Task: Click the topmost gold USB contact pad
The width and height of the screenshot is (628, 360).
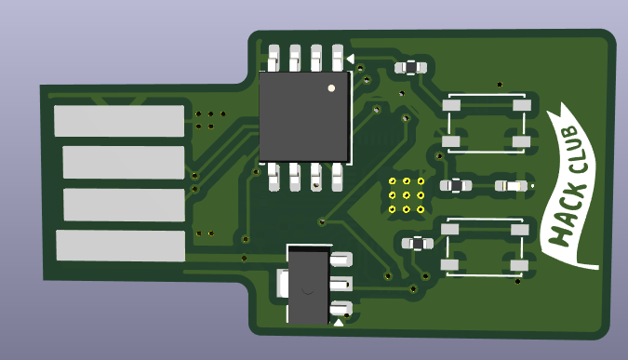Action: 119,121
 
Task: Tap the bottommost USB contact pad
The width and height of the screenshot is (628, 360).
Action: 121,246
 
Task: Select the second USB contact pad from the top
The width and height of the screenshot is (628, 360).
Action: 124,162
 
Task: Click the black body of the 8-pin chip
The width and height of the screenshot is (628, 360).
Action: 304,117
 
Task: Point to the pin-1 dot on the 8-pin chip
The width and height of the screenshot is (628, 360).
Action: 331,88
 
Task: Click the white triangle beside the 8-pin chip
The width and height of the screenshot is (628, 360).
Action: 351,60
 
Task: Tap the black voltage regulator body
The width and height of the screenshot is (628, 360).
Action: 308,285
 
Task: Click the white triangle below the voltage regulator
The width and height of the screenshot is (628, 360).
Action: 339,323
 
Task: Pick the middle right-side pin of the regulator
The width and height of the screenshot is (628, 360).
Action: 341,285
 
